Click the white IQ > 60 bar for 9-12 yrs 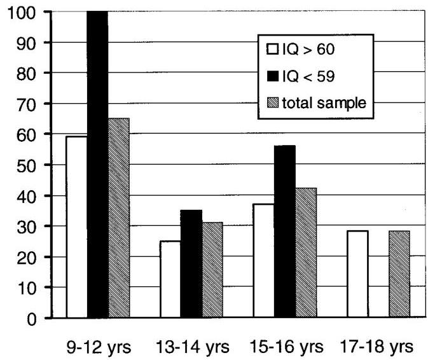pyautogui.click(x=77, y=227)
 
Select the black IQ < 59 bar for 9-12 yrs pyautogui.click(x=97, y=164)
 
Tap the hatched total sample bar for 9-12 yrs pyautogui.click(x=118, y=218)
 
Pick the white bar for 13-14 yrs pyautogui.click(x=170, y=279)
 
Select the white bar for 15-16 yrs pyautogui.click(x=263, y=261)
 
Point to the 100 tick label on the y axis pyautogui.click(x=22, y=12)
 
